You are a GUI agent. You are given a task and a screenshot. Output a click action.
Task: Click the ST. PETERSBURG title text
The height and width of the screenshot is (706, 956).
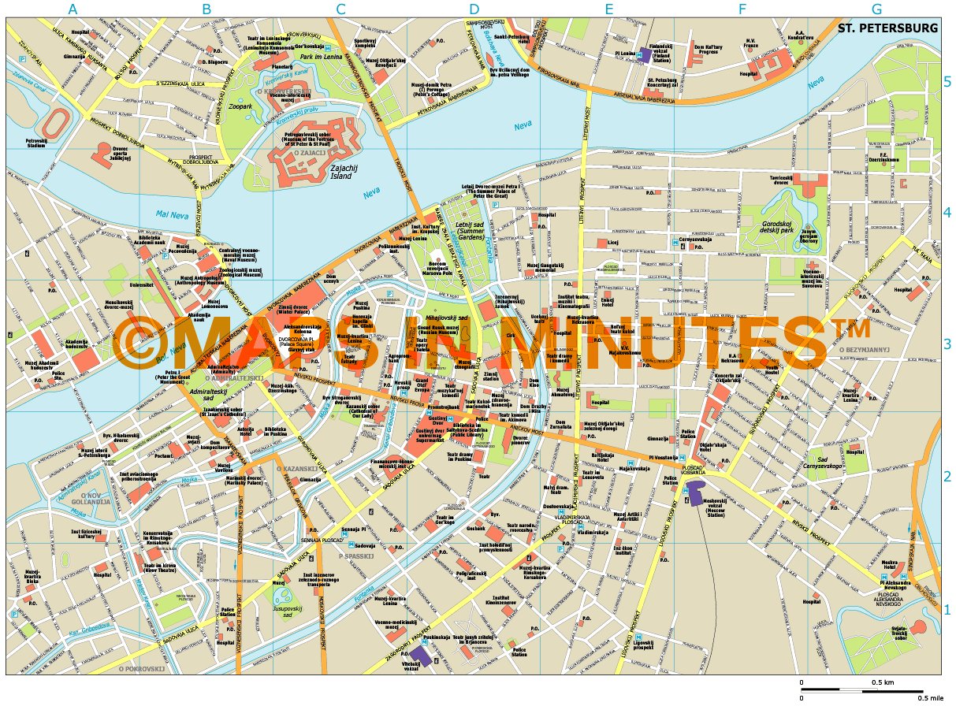(x=888, y=28)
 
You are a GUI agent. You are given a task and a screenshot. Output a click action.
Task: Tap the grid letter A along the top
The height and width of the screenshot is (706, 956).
(x=73, y=9)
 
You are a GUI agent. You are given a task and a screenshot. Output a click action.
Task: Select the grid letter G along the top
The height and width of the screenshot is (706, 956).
(x=877, y=9)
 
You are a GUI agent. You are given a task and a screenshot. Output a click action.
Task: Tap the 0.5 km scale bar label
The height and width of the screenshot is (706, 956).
(x=882, y=682)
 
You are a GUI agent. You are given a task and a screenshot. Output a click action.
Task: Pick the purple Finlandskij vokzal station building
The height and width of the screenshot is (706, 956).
(x=645, y=55)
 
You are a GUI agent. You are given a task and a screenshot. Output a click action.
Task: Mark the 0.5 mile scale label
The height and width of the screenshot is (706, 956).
(x=930, y=697)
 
